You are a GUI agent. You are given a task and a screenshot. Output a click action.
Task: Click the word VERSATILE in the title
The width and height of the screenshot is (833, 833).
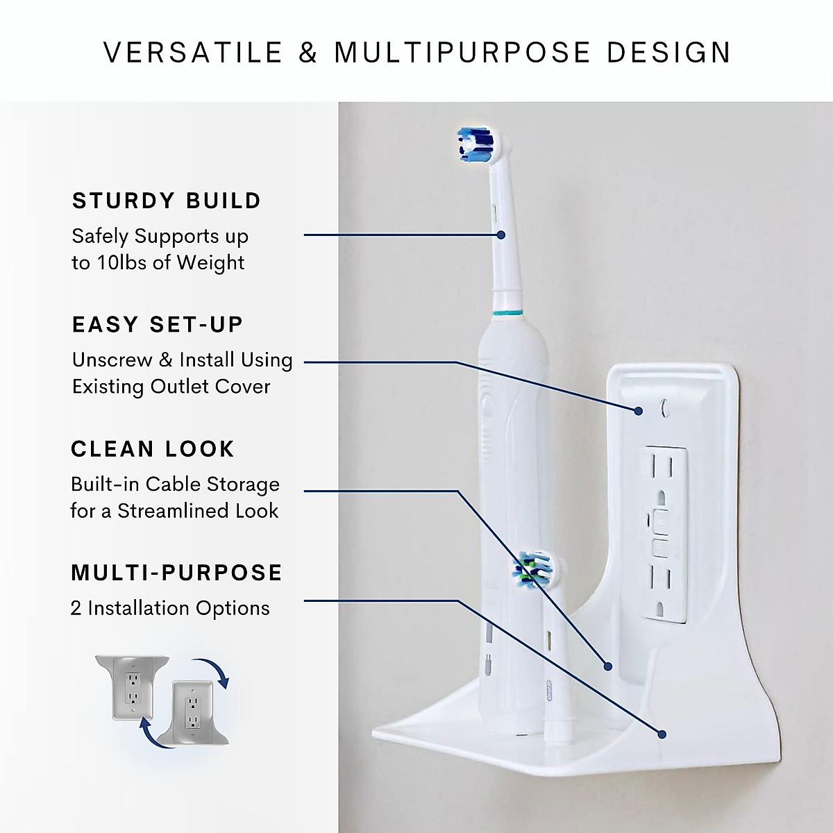(x=194, y=53)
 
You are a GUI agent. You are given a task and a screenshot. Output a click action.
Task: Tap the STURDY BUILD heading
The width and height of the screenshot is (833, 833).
(x=167, y=201)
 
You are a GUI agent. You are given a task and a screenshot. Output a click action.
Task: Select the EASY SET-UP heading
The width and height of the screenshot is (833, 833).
(x=158, y=324)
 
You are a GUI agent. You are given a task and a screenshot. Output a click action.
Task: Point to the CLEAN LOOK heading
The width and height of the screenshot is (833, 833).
(x=153, y=448)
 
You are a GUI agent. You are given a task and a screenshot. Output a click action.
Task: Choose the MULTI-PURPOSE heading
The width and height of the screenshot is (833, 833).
(x=177, y=573)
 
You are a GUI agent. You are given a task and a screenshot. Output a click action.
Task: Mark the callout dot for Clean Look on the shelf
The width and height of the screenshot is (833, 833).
(x=608, y=666)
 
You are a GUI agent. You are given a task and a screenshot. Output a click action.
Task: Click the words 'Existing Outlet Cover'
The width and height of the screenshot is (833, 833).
(x=171, y=386)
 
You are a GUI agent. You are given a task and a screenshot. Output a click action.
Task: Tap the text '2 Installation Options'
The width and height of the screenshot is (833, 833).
(x=170, y=608)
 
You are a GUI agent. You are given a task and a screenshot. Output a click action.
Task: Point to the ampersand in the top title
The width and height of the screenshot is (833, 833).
(x=308, y=53)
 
